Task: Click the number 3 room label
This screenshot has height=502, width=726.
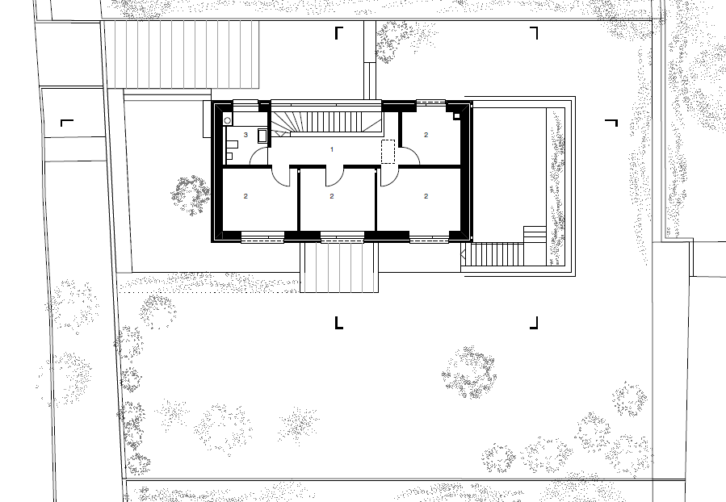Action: tap(245, 135)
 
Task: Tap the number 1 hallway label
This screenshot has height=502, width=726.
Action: tap(332, 149)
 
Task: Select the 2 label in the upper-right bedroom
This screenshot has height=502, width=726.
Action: tap(426, 135)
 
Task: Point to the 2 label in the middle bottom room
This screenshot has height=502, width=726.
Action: tap(332, 196)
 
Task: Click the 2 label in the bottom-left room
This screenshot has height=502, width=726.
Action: tap(245, 196)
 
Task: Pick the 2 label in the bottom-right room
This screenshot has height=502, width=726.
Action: tap(426, 196)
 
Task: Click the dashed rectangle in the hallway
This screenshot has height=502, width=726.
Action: tap(388, 151)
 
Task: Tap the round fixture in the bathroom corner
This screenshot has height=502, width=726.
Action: tap(228, 121)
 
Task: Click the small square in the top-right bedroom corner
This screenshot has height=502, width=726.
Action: tap(456, 115)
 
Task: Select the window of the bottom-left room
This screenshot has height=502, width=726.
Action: tap(262, 238)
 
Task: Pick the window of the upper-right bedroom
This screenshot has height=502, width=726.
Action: tap(430, 103)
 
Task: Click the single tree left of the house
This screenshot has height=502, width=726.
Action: tap(191, 195)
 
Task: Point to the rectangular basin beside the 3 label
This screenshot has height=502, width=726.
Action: tap(262, 136)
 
